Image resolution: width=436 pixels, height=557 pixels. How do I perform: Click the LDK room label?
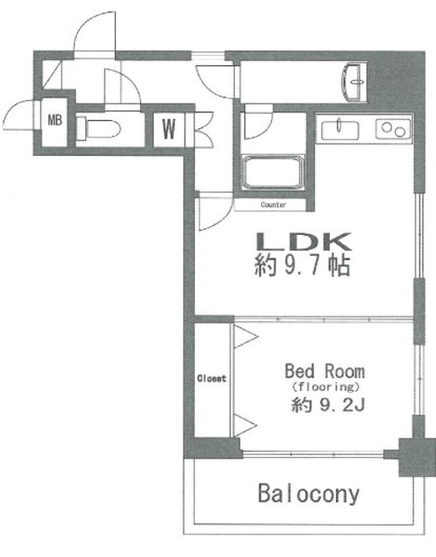[x=302, y=241]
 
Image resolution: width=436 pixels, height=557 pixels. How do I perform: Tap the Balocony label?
[x=308, y=494]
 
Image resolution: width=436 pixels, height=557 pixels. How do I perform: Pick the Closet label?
[x=211, y=379]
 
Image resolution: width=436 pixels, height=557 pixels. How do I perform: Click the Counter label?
[x=272, y=205]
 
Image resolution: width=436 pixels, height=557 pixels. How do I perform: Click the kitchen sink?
[x=339, y=130]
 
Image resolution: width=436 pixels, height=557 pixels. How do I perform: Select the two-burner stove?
[x=391, y=130]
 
